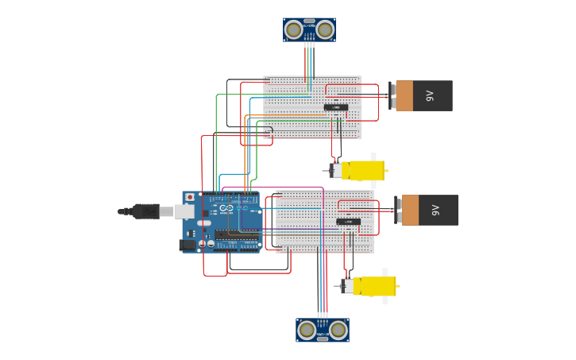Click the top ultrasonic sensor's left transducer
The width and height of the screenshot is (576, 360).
tap(294, 30)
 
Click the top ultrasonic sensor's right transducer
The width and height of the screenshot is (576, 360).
tap(325, 30)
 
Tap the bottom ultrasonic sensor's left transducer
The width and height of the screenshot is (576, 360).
tap(307, 330)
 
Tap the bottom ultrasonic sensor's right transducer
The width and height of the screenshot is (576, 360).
tap(338, 330)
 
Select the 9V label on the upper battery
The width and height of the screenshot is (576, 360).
tap(431, 95)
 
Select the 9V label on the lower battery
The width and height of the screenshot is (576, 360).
tap(436, 211)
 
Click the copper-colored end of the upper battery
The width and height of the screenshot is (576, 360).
tap(404, 95)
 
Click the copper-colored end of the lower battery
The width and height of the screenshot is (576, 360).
tap(410, 211)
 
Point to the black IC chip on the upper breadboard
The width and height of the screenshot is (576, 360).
tap(335, 107)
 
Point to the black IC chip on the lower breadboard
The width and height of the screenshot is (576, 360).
tap(348, 222)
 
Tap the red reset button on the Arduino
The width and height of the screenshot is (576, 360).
tap(190, 197)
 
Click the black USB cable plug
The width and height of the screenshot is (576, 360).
tap(146, 211)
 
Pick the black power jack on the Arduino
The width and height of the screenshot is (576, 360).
tap(188, 245)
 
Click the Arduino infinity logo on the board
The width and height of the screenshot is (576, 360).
tap(226, 208)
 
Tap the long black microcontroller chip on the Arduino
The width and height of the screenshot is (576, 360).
tap(236, 235)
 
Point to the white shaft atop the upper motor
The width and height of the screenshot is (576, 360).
tap(373, 156)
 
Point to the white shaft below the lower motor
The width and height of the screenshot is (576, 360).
tap(385, 300)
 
